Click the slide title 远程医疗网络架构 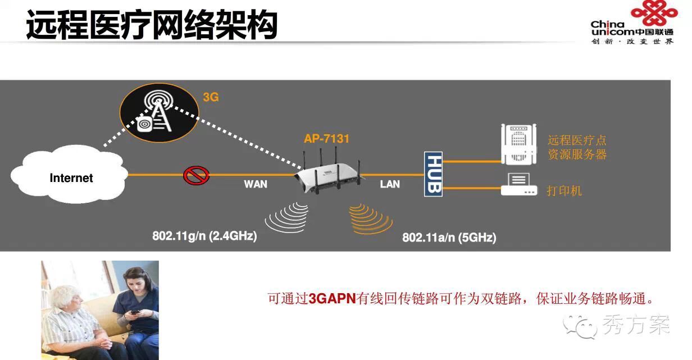tap(152, 25)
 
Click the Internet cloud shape tap(70, 175)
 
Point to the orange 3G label tap(211, 97)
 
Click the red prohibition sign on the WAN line tap(196, 175)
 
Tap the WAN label tap(256, 184)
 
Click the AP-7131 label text tap(326, 138)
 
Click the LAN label tap(390, 184)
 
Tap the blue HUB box tap(433, 174)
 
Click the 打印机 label tap(564, 190)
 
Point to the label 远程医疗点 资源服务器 tap(577, 147)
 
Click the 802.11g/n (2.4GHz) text tap(204, 236)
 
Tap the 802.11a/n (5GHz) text tap(449, 238)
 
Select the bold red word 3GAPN tap(332, 299)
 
